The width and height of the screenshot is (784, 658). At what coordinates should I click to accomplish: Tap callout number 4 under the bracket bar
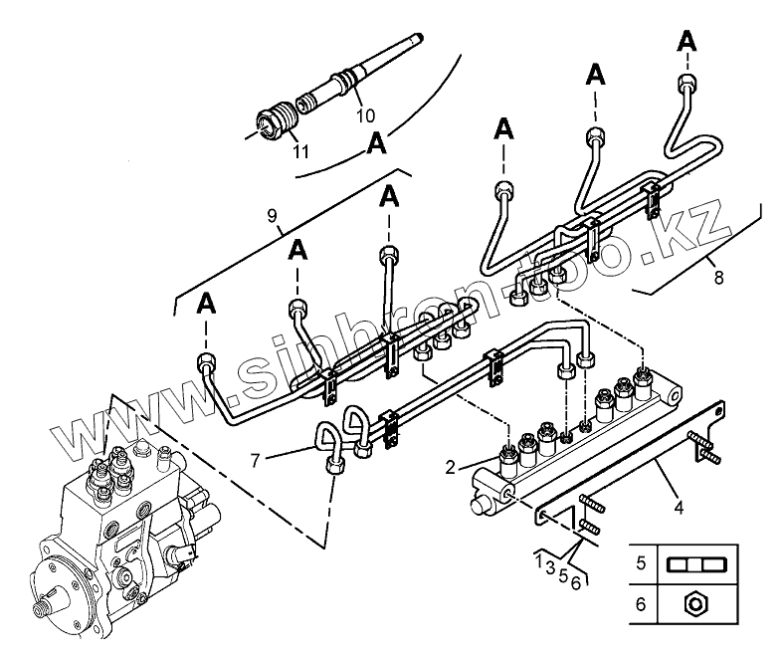tap(678, 508)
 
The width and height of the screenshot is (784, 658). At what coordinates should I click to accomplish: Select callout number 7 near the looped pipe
tap(255, 461)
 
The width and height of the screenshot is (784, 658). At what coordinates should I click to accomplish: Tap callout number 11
tap(299, 151)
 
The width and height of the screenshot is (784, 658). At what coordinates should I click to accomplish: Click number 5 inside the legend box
tap(641, 562)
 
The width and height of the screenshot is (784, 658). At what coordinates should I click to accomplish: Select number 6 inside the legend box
tap(641, 602)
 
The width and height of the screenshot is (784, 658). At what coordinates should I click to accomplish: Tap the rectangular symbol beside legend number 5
tap(699, 563)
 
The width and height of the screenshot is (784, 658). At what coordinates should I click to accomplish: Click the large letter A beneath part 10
tap(377, 142)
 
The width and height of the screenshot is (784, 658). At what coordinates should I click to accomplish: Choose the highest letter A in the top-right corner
tap(686, 41)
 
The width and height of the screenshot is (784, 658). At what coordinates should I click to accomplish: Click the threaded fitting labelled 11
tap(277, 120)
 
